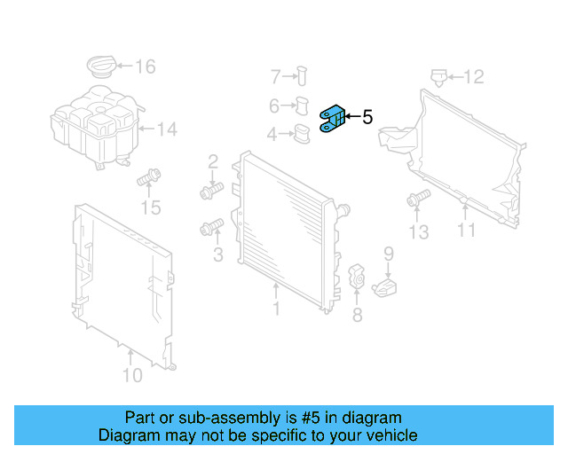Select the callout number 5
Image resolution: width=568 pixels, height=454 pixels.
pyautogui.click(x=367, y=117)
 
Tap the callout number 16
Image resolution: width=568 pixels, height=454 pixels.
pyautogui.click(x=145, y=66)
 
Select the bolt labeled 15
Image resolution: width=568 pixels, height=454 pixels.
pyautogui.click(x=147, y=179)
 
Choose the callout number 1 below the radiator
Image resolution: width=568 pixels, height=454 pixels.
pyautogui.click(x=276, y=308)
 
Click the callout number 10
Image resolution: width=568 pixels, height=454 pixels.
pyautogui.click(x=131, y=374)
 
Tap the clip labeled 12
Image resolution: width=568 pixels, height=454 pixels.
pyautogui.click(x=437, y=77)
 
